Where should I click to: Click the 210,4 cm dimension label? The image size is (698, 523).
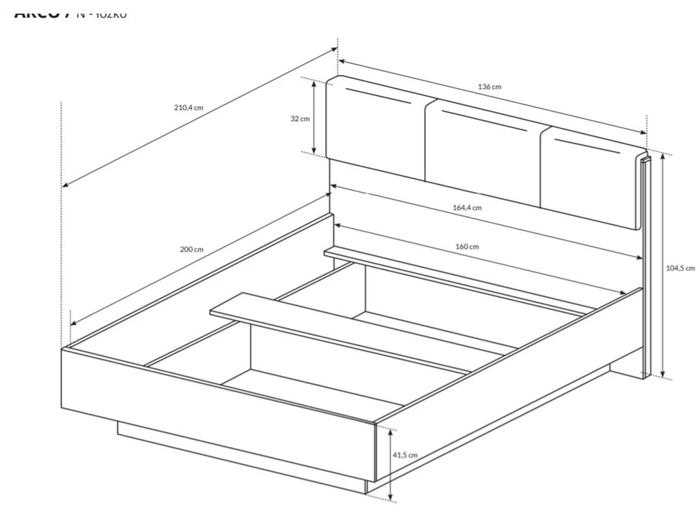189,108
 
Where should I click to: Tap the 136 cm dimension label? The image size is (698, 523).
489,86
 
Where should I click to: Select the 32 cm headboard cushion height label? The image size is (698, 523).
299,118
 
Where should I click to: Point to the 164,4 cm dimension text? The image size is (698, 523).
467,208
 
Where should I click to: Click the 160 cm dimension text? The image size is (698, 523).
467,247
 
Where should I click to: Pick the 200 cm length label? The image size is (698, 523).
192,249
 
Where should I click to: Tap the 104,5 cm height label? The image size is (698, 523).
680,268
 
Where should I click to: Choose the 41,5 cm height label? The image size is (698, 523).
404,455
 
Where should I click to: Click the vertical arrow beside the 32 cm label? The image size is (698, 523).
314,117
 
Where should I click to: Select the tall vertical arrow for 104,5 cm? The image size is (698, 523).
661,266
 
